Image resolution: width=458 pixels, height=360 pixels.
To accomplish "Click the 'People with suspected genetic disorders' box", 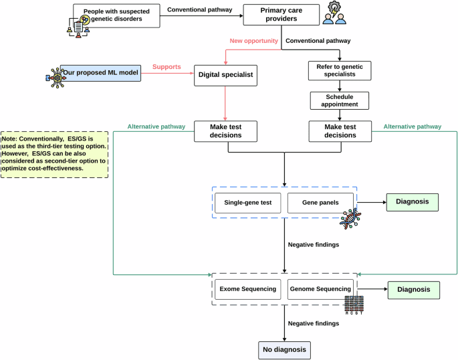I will (x=116, y=16).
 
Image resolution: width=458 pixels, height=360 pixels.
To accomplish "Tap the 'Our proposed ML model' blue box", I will (x=100, y=72).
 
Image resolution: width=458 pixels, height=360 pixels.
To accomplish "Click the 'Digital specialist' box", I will (x=227, y=74).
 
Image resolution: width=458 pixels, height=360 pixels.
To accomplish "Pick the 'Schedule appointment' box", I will (x=339, y=100).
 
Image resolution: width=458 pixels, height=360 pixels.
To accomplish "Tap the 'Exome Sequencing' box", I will (x=248, y=290).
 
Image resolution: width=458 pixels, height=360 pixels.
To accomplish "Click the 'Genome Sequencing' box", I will (x=320, y=290).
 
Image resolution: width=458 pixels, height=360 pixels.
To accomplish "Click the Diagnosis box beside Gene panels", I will (x=411, y=201).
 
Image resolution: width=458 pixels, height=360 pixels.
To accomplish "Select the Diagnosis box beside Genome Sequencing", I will (x=413, y=290).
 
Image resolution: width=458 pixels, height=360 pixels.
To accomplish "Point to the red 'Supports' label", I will (x=167, y=67).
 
